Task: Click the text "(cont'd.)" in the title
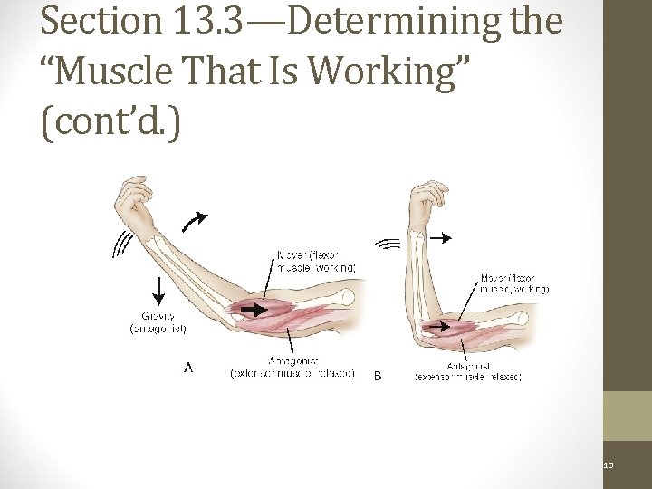[110, 122]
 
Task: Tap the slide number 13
[609, 465]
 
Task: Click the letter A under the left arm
[188, 368]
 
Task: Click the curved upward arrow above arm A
[193, 220]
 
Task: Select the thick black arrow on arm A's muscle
[254, 310]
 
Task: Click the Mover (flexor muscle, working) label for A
[316, 261]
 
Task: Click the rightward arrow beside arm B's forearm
[440, 238]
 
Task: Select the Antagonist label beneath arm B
[467, 371]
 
